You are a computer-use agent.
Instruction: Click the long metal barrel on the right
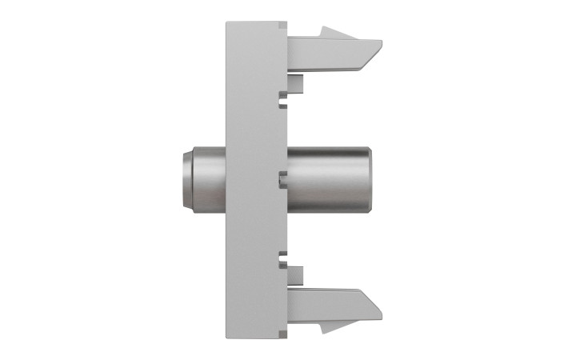coord(328,179)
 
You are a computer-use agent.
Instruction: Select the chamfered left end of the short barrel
coord(186,180)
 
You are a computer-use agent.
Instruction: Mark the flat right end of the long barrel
coord(368,179)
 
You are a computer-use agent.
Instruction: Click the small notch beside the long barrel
coord(283,178)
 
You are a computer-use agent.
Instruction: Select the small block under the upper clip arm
coord(295,82)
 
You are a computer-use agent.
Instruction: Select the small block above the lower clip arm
coord(295,277)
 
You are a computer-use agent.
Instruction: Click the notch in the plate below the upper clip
coord(283,99)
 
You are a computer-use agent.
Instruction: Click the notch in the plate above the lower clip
coord(283,258)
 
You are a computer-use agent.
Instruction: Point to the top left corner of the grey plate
coord(227,22)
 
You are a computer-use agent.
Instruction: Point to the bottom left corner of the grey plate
coord(227,337)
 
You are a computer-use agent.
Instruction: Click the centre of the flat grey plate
coord(256,180)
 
